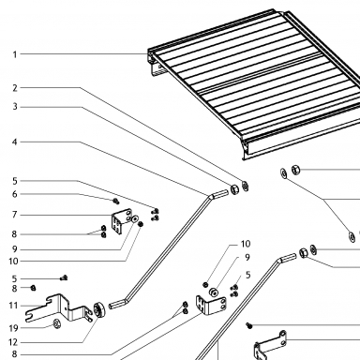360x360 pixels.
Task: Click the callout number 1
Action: [x=15, y=54]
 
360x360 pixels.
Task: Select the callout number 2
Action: [x=15, y=88]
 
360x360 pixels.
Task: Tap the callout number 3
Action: [x=15, y=107]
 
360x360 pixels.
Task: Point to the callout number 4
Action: [x=15, y=142]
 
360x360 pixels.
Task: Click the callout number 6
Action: [x=15, y=194]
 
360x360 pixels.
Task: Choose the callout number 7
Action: [x=15, y=215]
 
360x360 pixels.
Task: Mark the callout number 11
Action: [x=13, y=306]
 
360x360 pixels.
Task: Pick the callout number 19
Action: [x=13, y=328]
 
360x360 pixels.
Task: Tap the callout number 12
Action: [x=13, y=342]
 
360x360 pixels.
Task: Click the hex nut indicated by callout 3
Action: [x=234, y=189]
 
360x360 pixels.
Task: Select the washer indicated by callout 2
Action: [x=246, y=186]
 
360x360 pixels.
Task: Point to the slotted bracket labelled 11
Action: [x=59, y=309]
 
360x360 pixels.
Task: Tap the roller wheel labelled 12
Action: [x=99, y=310]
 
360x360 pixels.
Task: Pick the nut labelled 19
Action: [x=56, y=323]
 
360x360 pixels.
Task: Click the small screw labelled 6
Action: [x=116, y=201]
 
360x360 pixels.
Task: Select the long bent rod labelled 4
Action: [x=169, y=249]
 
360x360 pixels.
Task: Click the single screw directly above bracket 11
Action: [x=64, y=277]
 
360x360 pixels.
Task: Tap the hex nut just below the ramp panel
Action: [x=295, y=170]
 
